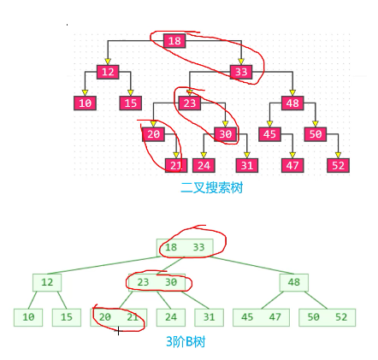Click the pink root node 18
coord(174,41)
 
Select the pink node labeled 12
coord(108,72)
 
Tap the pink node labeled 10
coord(85,103)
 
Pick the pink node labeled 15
coord(131,103)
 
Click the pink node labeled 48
coord(292,103)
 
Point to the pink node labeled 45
coord(269,134)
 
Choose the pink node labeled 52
coord(338,166)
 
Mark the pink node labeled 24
coord(204,166)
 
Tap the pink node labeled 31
coord(247,166)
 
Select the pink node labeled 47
coord(292,166)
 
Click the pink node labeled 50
coord(316,134)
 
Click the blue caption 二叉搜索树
coord(212,188)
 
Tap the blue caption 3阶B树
coord(186,341)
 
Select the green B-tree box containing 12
coord(47,282)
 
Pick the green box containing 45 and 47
coord(261,317)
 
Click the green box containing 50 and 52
coord(328,317)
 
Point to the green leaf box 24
coord(171,317)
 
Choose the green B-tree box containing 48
coord(294,282)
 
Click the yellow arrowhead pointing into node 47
coord(292,156)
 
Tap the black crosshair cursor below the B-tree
coord(118,332)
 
